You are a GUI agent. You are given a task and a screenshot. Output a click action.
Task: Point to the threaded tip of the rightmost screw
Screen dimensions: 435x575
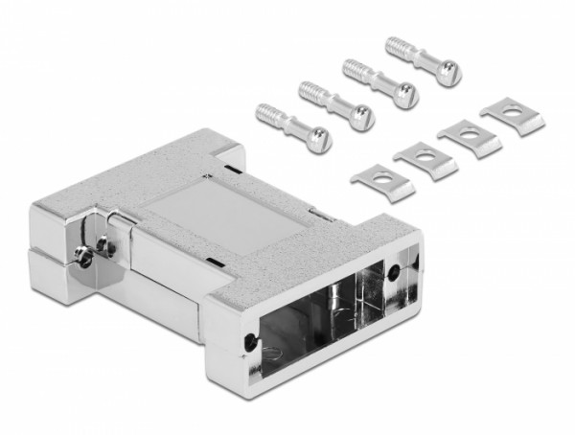pos(395,44)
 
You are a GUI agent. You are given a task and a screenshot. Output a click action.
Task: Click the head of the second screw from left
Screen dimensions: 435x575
pos(361,118)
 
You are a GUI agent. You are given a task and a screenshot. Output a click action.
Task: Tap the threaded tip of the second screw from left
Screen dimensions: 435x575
pos(309,90)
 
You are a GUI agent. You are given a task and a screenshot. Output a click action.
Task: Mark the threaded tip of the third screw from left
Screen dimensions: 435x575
pos(353,67)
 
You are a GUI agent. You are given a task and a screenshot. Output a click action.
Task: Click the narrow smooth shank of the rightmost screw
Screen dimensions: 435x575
pos(422,60)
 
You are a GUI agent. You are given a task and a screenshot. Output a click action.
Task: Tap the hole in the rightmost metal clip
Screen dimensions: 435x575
pos(508,112)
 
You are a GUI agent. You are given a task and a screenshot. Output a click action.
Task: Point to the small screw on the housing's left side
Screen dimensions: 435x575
pos(87,253)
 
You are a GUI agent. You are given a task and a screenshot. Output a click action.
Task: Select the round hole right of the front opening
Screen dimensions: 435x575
pos(397,270)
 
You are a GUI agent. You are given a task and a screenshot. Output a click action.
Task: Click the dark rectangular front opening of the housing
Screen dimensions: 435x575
pos(307,316)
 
